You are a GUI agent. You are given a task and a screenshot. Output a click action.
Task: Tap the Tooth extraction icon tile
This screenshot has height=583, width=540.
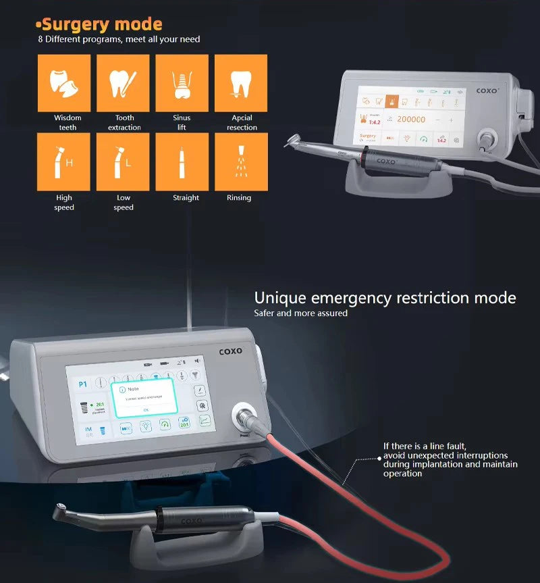[x=123, y=82]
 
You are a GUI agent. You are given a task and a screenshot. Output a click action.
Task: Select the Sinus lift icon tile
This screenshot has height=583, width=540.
[x=182, y=82]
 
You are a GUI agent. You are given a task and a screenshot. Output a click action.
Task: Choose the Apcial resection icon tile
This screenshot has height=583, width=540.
[x=241, y=82]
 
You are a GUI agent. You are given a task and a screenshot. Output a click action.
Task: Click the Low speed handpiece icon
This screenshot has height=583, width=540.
[x=123, y=162]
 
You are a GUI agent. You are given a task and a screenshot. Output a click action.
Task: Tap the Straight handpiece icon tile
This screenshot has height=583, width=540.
[x=182, y=162]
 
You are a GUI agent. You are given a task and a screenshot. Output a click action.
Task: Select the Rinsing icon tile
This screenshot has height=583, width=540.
[x=241, y=162]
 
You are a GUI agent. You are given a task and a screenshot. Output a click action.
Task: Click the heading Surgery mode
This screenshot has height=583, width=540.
[x=101, y=25]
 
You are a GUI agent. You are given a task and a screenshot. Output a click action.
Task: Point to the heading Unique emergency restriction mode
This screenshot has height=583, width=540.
[x=385, y=298]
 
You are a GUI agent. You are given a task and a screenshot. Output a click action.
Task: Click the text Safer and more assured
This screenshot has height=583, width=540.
[x=300, y=313]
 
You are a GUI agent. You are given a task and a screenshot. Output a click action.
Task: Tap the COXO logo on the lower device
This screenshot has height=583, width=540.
[x=232, y=351]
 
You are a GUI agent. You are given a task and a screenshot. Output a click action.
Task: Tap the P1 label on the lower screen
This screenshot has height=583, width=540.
[x=82, y=384]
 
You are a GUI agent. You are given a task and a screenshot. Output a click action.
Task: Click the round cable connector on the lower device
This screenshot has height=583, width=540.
[x=242, y=415]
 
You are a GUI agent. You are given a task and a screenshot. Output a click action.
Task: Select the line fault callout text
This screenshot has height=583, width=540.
[x=450, y=460]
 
